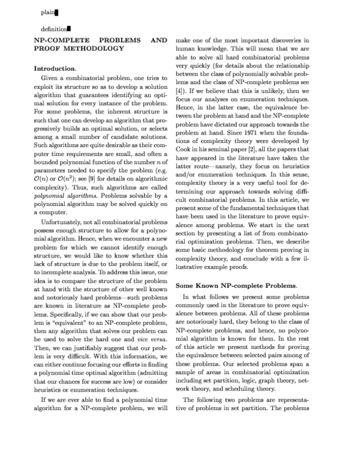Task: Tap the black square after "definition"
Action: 70,28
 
